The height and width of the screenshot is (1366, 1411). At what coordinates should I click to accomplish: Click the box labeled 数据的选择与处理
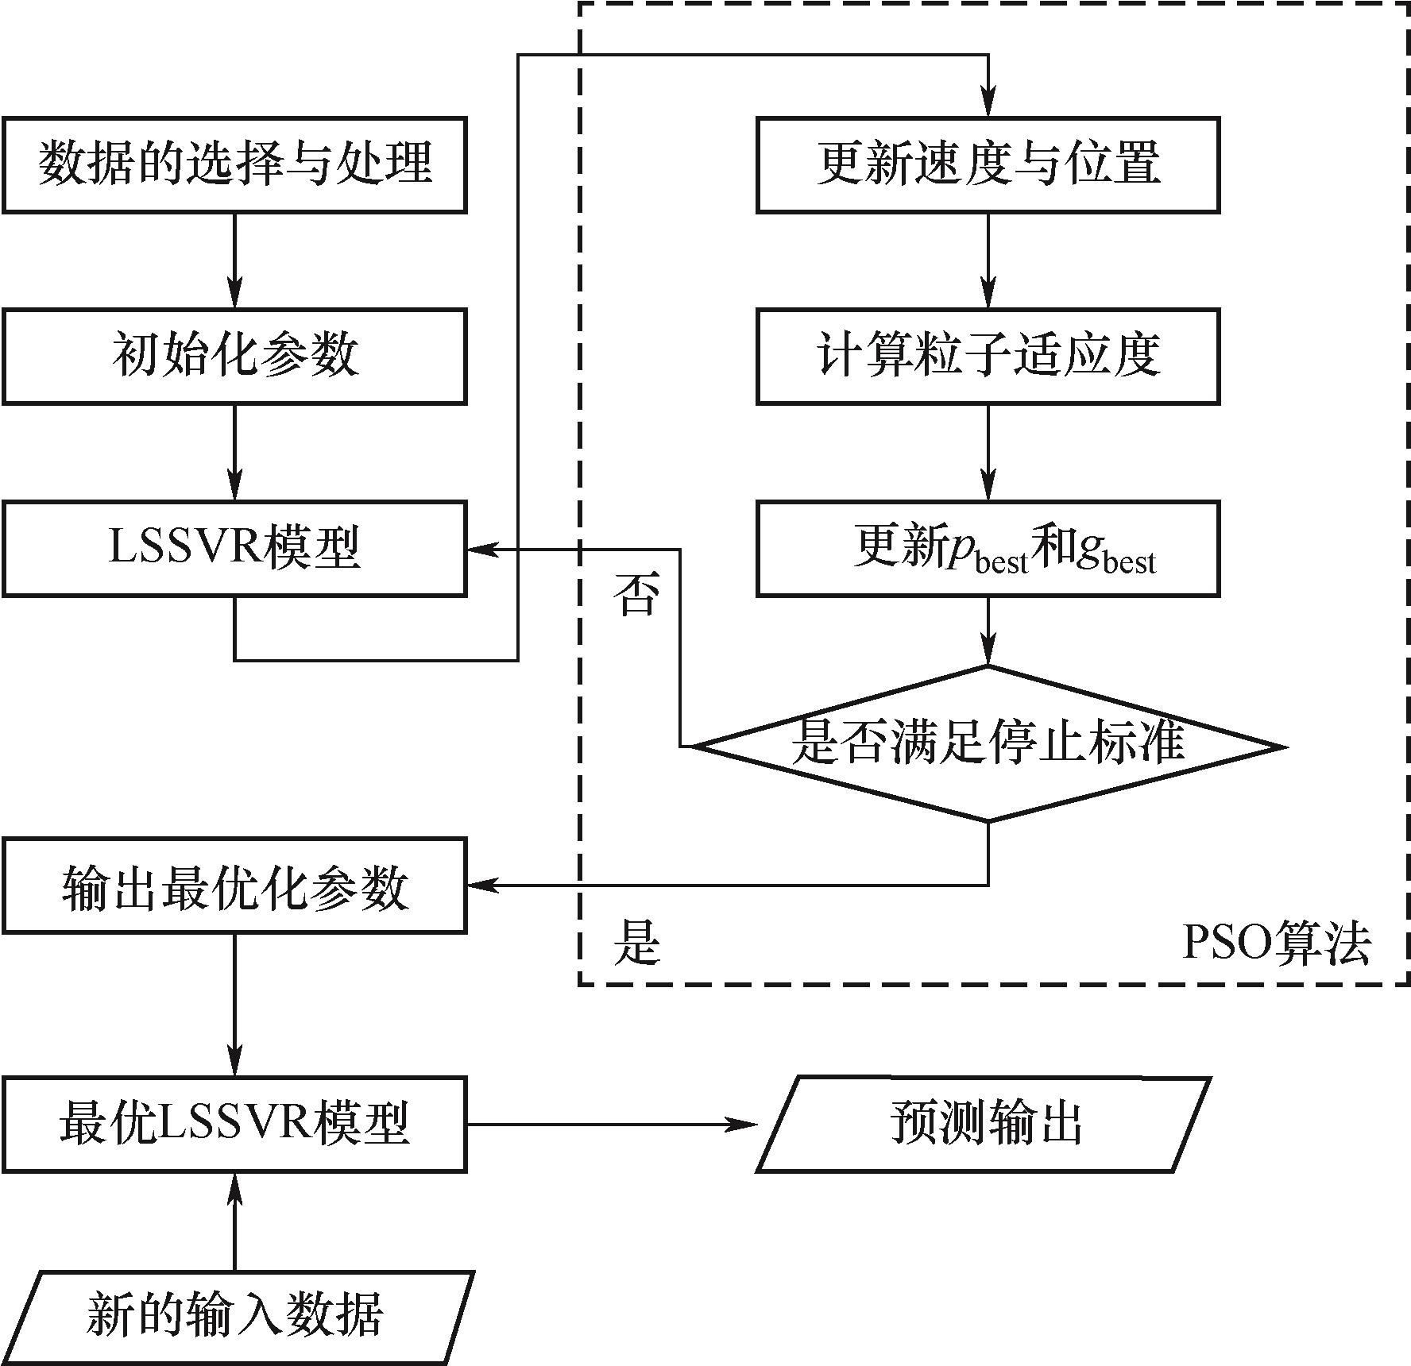click(234, 165)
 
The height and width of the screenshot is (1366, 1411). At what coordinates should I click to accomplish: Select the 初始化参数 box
click(234, 357)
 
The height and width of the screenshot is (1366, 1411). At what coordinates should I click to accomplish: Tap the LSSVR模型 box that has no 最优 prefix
click(234, 548)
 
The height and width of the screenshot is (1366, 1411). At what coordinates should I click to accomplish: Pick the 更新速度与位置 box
click(988, 165)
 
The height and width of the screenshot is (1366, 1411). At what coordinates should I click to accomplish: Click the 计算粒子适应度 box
click(988, 357)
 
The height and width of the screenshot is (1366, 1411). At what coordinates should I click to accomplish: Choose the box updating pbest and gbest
click(988, 548)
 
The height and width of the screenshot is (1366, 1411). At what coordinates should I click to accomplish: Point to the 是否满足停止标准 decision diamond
click(988, 743)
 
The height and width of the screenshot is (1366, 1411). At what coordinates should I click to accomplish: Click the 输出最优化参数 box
click(234, 886)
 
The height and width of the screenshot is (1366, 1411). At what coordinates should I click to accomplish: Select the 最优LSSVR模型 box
click(234, 1125)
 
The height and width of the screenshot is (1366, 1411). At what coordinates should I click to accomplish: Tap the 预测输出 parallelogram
click(984, 1125)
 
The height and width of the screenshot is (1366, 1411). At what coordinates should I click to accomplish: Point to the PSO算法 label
click(1276, 943)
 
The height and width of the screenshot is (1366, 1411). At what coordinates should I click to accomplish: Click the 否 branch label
click(636, 596)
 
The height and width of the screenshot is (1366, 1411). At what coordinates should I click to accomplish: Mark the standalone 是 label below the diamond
click(636, 943)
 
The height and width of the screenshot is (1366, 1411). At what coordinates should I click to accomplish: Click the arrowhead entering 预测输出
click(744, 1125)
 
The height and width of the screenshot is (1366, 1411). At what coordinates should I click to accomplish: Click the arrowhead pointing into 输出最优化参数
click(481, 886)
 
